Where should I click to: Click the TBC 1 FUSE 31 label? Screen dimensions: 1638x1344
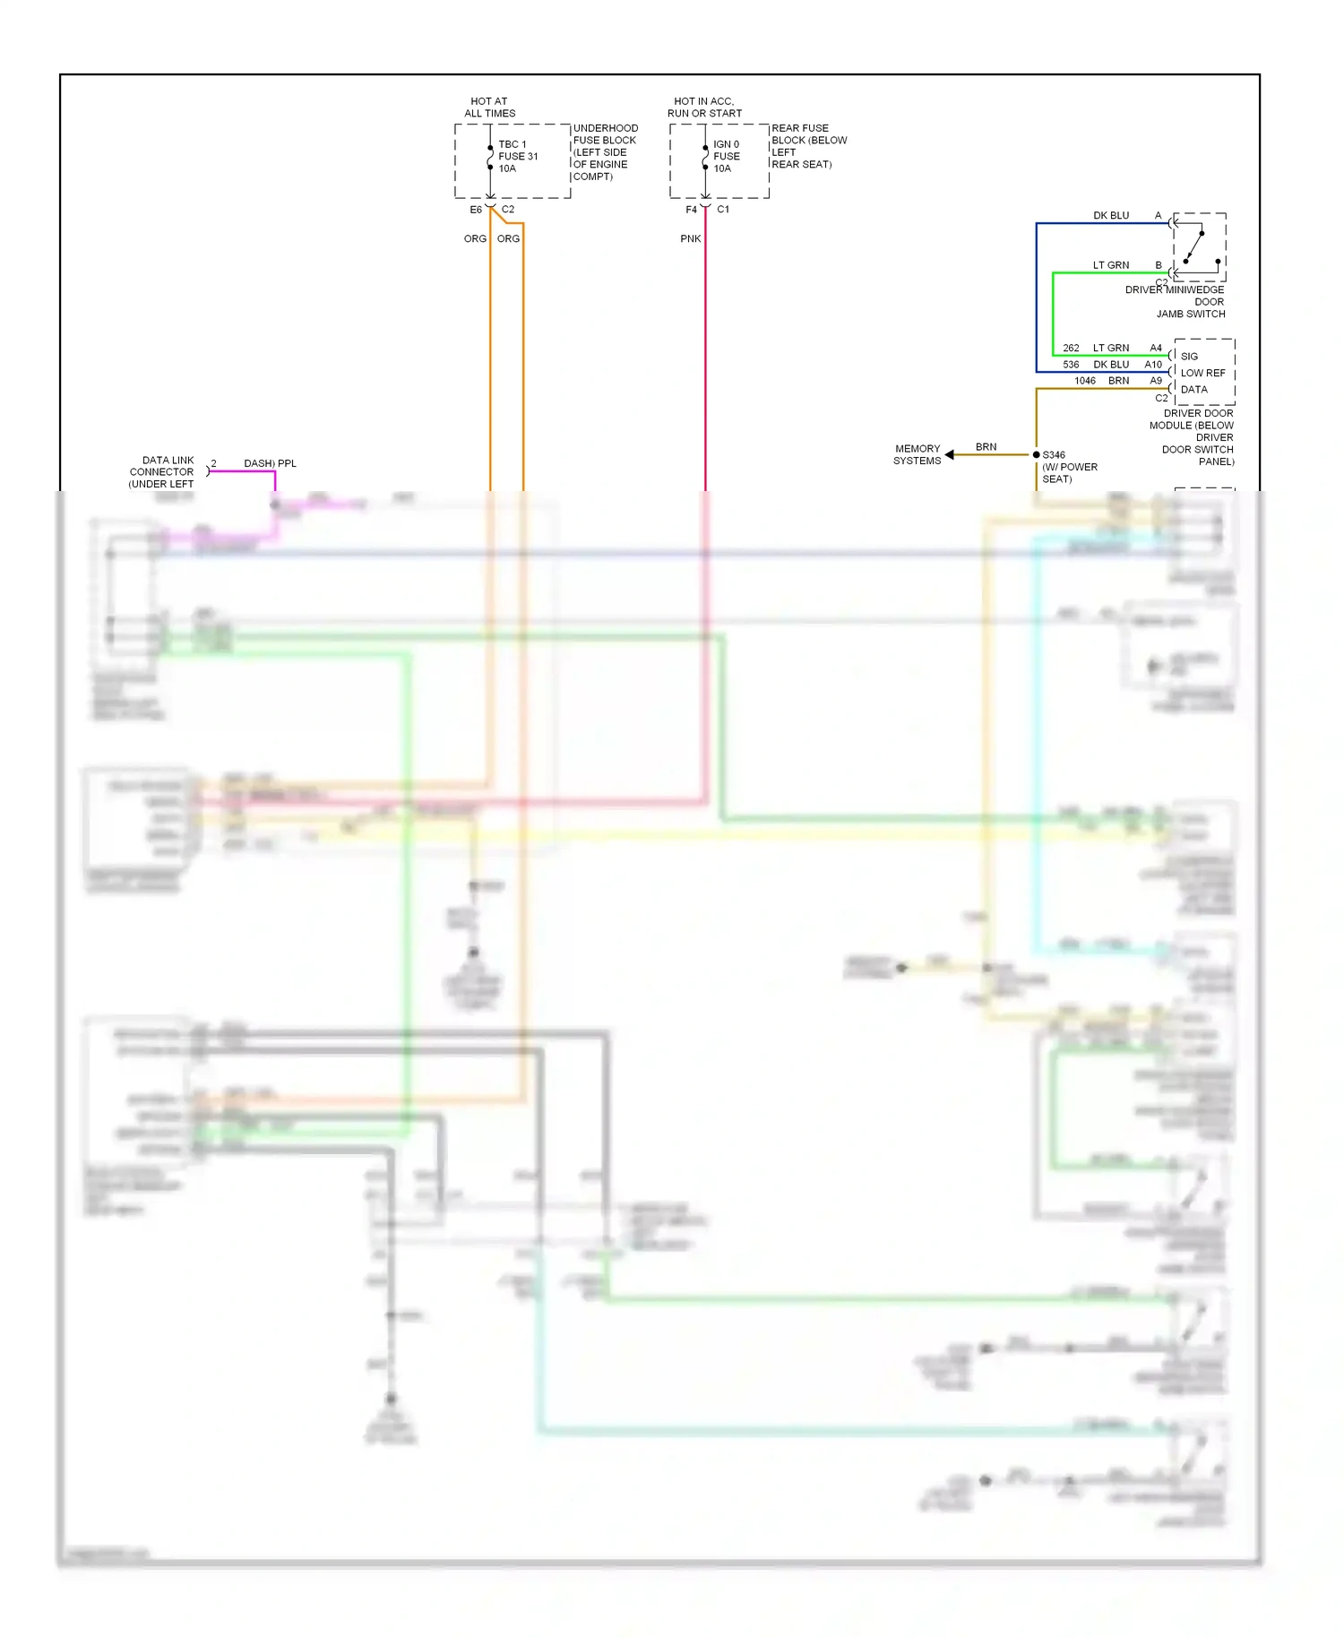coord(518,156)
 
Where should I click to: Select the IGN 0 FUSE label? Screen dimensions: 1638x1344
coord(726,156)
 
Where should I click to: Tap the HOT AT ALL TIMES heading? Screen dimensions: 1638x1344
coord(489,108)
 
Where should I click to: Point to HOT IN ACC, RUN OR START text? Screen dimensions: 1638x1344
coord(704,108)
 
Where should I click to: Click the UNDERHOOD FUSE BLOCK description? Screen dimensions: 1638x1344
coord(605,152)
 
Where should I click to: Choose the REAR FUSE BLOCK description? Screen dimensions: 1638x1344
coord(808,146)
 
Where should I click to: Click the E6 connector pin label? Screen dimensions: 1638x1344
coord(476,210)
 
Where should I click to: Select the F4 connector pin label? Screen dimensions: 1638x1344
coord(691,210)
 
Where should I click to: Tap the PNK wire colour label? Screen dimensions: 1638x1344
coord(690,239)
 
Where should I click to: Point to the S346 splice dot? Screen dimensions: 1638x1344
coord(1036,455)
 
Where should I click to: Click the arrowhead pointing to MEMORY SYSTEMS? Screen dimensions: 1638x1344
coord(950,455)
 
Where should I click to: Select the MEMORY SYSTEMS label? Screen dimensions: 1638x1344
coord(917,455)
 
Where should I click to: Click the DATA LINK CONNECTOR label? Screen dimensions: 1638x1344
coord(162,472)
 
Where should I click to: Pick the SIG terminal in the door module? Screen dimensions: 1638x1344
coord(1189,357)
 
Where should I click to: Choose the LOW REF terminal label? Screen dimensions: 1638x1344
coord(1202,373)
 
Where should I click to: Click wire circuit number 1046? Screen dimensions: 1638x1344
coord(1084,381)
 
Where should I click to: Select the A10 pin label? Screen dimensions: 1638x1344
coord(1152,365)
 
